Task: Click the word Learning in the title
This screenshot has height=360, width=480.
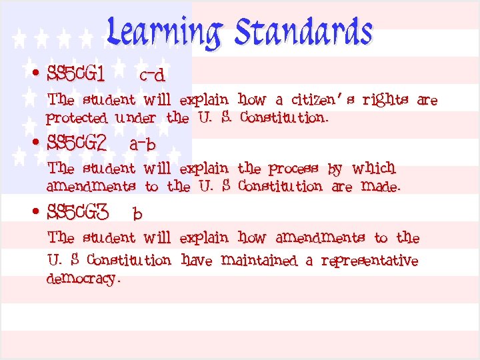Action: tap(164, 33)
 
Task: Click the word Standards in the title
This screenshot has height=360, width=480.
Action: tap(304, 32)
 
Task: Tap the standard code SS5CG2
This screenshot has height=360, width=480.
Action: tap(77, 143)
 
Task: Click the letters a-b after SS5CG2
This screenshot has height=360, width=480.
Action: tap(142, 144)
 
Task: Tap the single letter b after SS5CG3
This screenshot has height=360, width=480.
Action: tap(137, 214)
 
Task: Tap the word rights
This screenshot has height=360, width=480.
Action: tap(386, 101)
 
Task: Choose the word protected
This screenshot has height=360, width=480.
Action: tap(77, 119)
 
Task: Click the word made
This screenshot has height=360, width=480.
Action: tap(380, 187)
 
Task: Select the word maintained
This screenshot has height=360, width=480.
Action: tap(259, 260)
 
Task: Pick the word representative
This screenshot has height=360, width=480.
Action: tap(369, 261)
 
